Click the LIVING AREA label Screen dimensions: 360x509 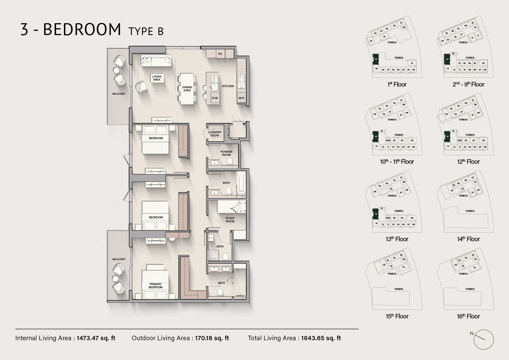click(x=157, y=78)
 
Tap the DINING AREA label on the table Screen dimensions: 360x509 click(x=187, y=89)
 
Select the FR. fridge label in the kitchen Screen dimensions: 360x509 click(x=220, y=54)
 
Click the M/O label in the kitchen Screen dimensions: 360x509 click(x=241, y=98)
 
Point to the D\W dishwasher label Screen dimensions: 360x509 click(x=215, y=98)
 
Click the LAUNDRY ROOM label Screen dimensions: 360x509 click(x=215, y=134)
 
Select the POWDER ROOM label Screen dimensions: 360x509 click(x=226, y=153)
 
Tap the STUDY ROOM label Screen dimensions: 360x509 click(x=230, y=220)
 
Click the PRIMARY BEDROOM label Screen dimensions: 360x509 click(x=156, y=286)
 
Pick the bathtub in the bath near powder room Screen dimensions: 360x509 click(x=241, y=184)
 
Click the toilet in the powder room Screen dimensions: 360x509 click(x=230, y=162)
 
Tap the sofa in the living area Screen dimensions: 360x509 click(x=156, y=61)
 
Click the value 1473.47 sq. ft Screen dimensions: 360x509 click(x=96, y=338)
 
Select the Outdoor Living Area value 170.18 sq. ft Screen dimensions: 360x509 click(x=212, y=338)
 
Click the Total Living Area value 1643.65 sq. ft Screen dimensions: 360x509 click(x=321, y=338)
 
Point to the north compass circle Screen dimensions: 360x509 click(x=484, y=340)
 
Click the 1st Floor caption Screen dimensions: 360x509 click(x=397, y=85)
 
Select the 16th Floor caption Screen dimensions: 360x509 click(x=468, y=316)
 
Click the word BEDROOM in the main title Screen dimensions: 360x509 click(x=82, y=29)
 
